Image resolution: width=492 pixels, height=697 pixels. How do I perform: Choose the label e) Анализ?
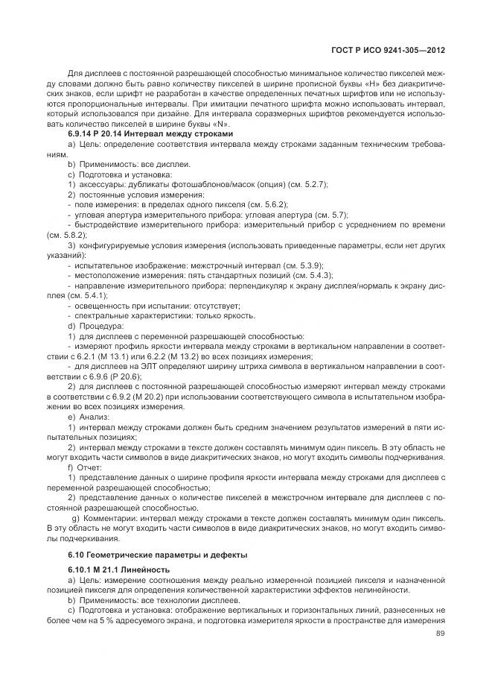tap(89, 417)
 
